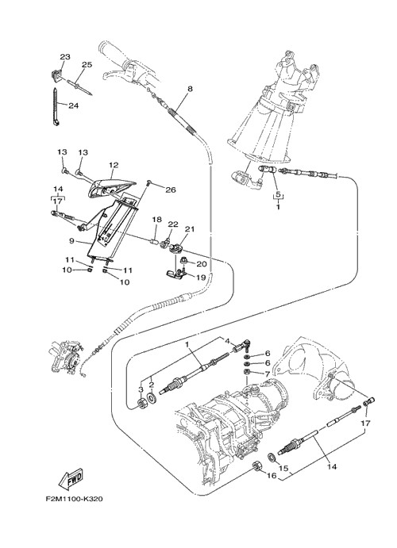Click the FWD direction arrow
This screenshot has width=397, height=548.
(71, 478)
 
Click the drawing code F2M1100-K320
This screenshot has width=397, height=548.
(74, 499)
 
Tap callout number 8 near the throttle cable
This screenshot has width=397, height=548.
(190, 89)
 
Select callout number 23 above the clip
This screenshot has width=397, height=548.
(65, 56)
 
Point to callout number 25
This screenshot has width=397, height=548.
(87, 65)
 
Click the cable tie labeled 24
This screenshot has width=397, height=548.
(56, 106)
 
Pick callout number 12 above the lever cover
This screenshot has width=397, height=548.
(114, 165)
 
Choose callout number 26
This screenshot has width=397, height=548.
(171, 190)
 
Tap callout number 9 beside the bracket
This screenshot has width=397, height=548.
(71, 240)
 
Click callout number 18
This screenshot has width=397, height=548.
(156, 220)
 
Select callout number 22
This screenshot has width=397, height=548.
(173, 224)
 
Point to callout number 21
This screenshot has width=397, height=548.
(190, 229)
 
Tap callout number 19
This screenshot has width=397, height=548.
(201, 278)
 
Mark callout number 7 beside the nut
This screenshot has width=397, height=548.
(268, 374)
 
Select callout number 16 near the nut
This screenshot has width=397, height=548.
(272, 476)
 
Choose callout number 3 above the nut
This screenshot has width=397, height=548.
(141, 389)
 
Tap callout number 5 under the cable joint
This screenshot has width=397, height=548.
(278, 194)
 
